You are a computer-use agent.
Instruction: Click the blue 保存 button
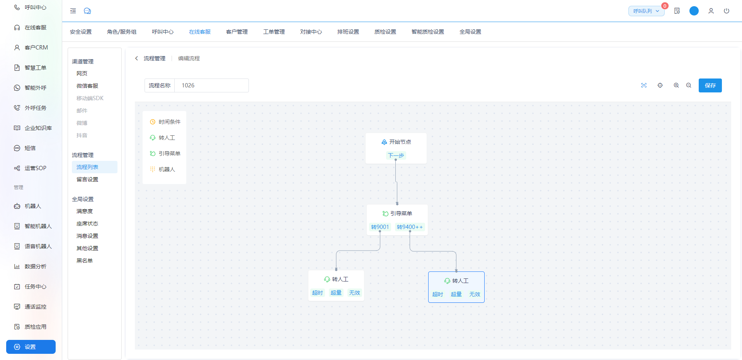[710, 85]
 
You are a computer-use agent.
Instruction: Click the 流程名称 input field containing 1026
[211, 85]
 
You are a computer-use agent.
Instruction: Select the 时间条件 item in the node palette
[165, 122]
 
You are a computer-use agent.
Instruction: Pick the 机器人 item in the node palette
[162, 169]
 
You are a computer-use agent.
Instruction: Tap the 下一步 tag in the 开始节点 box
[396, 155]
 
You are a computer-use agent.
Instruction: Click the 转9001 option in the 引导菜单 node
[380, 227]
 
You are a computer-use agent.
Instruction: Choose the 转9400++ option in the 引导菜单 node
[410, 227]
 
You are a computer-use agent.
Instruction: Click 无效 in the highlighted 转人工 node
[475, 294]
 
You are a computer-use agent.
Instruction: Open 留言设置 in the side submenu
[87, 179]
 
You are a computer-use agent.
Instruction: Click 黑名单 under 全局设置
[85, 261]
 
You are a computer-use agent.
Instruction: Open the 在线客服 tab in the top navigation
[200, 32]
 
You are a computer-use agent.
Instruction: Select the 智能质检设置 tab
[428, 32]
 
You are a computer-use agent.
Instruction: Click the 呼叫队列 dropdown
[646, 11]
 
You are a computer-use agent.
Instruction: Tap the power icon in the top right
[727, 11]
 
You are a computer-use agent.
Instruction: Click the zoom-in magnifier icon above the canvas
[676, 85]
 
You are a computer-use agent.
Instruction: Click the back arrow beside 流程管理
[136, 58]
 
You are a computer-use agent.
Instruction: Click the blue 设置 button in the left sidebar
[31, 347]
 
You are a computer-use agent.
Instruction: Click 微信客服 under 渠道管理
[87, 86]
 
